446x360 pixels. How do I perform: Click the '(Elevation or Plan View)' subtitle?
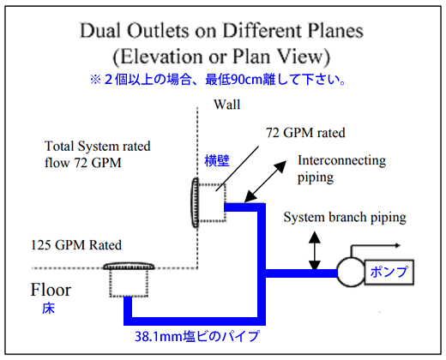(x=221, y=57)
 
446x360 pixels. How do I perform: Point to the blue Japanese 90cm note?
(x=218, y=80)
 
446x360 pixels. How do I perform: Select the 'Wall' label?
(x=227, y=105)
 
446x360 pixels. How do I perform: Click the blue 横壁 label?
(x=217, y=160)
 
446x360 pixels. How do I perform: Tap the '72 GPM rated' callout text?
(x=305, y=133)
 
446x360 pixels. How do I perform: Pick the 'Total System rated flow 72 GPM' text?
(x=97, y=154)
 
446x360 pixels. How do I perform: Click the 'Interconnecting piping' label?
(x=341, y=169)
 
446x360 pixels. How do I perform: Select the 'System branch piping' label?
(x=345, y=218)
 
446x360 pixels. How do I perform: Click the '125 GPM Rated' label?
(x=76, y=245)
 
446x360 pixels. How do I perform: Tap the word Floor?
(x=51, y=290)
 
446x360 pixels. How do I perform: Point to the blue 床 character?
(x=48, y=309)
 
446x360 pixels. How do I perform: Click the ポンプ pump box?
(x=389, y=272)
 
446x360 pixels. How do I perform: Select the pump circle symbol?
(x=351, y=273)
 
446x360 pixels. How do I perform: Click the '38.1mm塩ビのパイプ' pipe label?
(x=197, y=336)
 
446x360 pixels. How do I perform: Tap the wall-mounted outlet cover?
(x=196, y=202)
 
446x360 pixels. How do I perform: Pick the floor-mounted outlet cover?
(x=129, y=267)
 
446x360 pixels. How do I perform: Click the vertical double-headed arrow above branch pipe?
(x=315, y=250)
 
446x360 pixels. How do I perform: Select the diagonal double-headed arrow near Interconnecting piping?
(x=265, y=182)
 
